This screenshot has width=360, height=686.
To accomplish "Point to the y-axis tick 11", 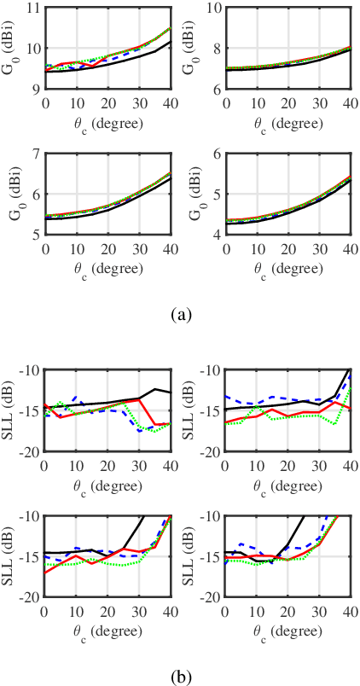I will [x=33, y=8].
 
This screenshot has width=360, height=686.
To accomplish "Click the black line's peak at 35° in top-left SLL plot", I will [x=155, y=389].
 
